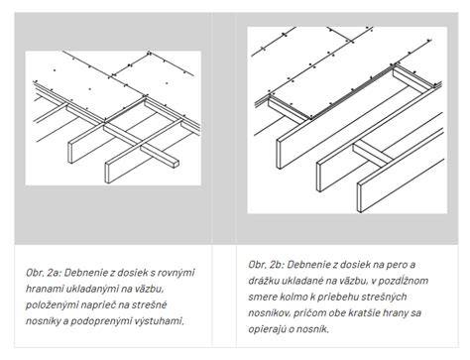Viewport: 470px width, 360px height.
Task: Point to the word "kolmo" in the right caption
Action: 294,298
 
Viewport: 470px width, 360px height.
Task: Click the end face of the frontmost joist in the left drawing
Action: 107,173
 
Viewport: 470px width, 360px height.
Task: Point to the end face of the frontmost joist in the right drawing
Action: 360,197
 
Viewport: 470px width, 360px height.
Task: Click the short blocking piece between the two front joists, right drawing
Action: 373,153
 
